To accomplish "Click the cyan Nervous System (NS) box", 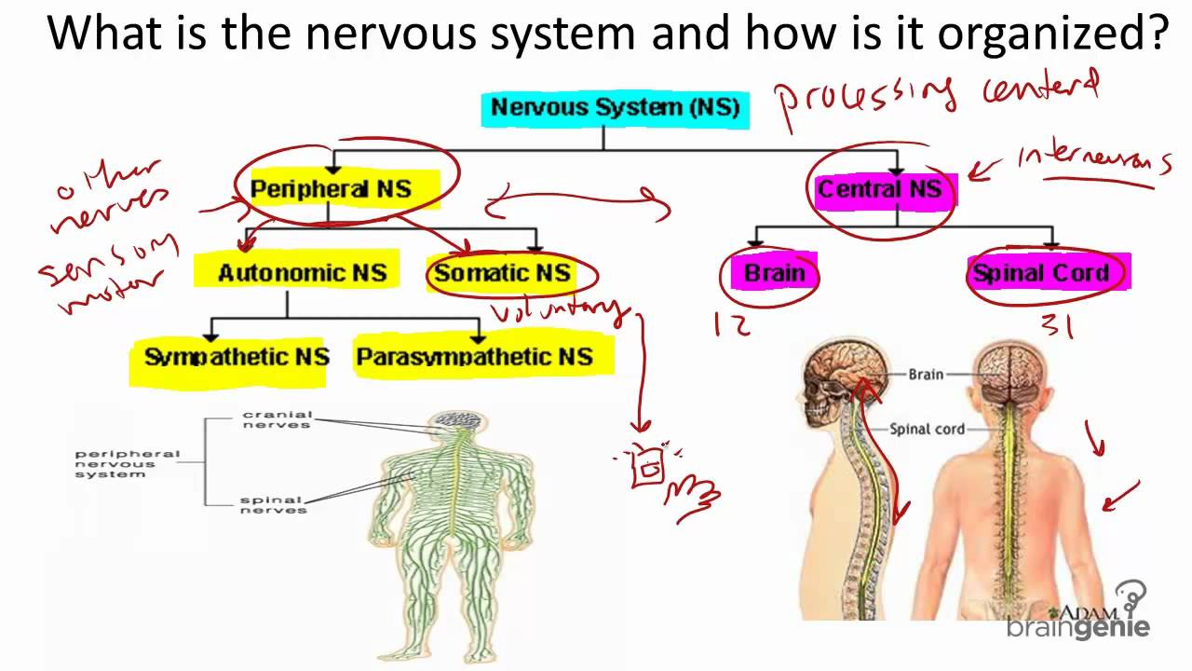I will click(616, 108).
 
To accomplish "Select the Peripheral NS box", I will click(331, 189).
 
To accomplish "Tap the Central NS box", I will click(879, 190).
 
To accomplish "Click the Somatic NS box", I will click(502, 273).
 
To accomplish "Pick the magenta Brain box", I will click(774, 274).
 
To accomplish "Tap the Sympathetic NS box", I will click(237, 357).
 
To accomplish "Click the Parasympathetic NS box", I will click(474, 357).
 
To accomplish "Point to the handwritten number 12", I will click(733, 324).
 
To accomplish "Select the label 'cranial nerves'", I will click(277, 419).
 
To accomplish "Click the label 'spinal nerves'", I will click(273, 505).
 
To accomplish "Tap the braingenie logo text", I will click(1077, 628).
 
